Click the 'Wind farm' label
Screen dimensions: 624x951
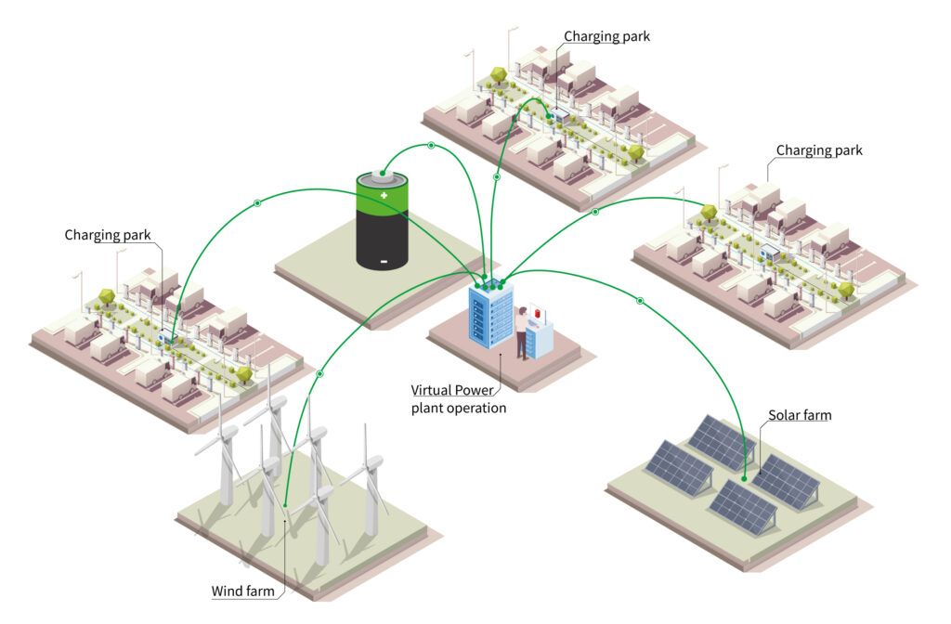click(x=241, y=591)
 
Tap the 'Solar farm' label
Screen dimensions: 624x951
click(x=799, y=415)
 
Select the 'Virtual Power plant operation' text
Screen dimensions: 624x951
click(x=459, y=398)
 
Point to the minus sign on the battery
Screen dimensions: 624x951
click(x=383, y=261)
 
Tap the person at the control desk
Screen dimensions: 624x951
click(x=523, y=331)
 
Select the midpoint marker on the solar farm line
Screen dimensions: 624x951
click(x=640, y=301)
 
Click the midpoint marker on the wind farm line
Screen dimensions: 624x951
click(x=319, y=373)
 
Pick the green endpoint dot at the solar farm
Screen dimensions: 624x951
click(x=745, y=479)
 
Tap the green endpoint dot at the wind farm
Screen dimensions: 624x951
click(x=286, y=506)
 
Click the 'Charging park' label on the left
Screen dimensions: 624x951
click(x=108, y=235)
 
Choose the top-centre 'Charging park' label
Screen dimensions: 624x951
click(x=606, y=37)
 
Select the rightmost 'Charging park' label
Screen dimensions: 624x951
click(x=819, y=149)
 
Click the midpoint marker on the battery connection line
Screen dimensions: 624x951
click(x=431, y=146)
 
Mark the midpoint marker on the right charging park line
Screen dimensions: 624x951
click(x=595, y=212)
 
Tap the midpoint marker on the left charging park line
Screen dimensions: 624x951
click(x=257, y=202)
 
